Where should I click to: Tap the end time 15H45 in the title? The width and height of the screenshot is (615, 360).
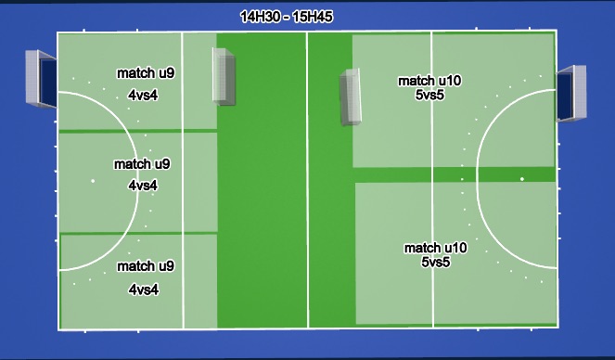(313, 17)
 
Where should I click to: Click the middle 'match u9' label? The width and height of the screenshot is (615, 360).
(142, 164)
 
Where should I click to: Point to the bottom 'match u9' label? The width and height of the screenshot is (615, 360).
(146, 266)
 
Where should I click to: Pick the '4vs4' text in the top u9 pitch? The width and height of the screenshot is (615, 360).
(144, 95)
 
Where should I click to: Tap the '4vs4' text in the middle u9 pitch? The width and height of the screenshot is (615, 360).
(143, 186)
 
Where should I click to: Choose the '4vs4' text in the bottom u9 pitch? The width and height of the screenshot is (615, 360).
(144, 289)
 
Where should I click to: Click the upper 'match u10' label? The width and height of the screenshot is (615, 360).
(429, 81)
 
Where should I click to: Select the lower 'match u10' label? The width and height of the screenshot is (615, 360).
(435, 248)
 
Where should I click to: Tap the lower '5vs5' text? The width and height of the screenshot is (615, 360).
(436, 263)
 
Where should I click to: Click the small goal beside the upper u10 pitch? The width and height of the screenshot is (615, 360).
(351, 96)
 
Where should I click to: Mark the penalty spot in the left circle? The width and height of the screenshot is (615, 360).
(92, 181)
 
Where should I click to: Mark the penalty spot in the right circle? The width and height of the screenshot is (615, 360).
(521, 178)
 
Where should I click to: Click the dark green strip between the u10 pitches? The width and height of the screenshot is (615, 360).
(455, 175)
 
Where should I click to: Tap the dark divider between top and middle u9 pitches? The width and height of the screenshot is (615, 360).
(137, 132)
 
